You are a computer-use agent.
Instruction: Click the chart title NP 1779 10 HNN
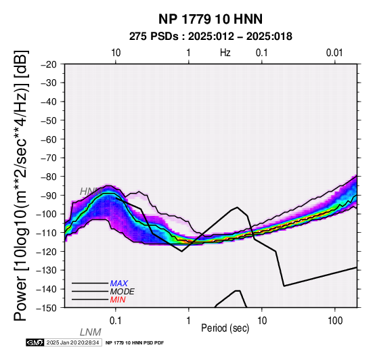(x=211, y=19)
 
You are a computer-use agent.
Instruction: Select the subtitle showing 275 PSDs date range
(x=211, y=37)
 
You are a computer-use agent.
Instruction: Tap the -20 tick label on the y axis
(x=49, y=64)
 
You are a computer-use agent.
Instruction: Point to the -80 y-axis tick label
(x=49, y=177)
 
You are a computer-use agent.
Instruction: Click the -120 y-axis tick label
(x=47, y=252)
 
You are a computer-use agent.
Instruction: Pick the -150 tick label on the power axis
(x=47, y=308)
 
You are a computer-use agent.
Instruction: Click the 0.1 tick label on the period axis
(x=116, y=321)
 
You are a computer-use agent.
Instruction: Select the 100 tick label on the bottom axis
(x=335, y=321)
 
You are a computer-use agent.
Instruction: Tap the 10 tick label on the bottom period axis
(x=262, y=321)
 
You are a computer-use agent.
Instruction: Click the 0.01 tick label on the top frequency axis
(x=334, y=53)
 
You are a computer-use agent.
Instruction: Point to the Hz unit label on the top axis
(x=225, y=53)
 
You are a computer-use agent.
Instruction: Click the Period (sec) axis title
(x=225, y=328)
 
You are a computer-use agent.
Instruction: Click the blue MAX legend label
(x=119, y=284)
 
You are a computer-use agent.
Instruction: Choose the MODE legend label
(x=123, y=292)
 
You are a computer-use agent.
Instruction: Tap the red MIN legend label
(x=118, y=300)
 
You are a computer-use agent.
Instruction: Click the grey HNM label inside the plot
(x=91, y=192)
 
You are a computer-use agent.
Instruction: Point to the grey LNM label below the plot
(x=91, y=332)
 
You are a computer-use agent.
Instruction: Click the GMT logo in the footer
(x=35, y=342)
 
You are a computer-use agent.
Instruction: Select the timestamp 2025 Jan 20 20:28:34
(x=72, y=342)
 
